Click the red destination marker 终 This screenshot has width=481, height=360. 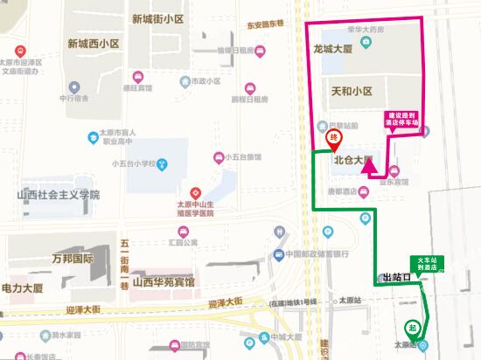(x=333, y=140)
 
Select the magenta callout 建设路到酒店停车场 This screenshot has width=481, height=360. (x=406, y=119)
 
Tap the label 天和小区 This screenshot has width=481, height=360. (x=352, y=91)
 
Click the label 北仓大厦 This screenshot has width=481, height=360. (x=354, y=161)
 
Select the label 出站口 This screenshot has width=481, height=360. (x=396, y=278)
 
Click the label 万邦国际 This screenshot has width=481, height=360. (x=73, y=259)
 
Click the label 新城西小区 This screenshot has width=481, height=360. (x=92, y=43)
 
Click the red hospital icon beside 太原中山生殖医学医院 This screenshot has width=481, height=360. (x=196, y=191)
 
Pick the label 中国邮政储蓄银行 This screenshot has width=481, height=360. (x=318, y=254)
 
